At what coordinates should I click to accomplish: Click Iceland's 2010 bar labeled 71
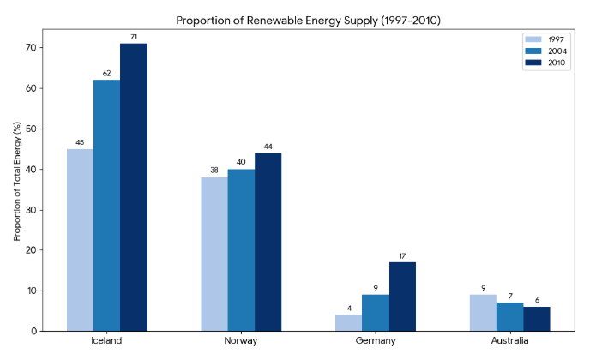(133, 187)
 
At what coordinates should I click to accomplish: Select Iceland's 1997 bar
(80, 240)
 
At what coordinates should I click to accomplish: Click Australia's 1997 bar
(483, 313)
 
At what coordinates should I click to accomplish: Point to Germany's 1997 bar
(349, 323)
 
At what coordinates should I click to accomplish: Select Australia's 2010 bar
(536, 319)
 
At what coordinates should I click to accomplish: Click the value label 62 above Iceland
(106, 74)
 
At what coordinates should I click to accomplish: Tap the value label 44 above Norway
(268, 147)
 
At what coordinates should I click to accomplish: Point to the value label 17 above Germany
(402, 255)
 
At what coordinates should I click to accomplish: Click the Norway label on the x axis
(241, 341)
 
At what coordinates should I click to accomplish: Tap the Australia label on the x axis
(509, 341)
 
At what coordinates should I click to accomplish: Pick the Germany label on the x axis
(376, 341)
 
